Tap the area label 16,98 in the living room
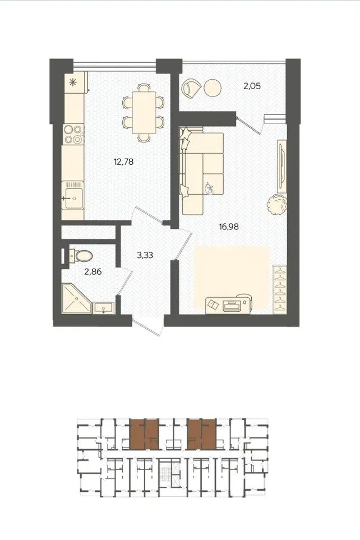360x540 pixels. tap(229, 227)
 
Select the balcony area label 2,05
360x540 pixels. tap(252, 86)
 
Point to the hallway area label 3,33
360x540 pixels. tap(145, 256)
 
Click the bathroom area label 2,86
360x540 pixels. tap(93, 272)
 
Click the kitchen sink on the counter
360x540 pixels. tap(73, 195)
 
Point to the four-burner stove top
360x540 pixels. tap(73, 135)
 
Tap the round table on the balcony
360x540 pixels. tap(212, 88)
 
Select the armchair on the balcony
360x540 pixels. tap(192, 89)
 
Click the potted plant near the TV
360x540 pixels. tap(278, 205)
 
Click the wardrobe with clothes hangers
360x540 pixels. tap(279, 290)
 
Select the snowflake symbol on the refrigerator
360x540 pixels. tap(73, 82)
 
